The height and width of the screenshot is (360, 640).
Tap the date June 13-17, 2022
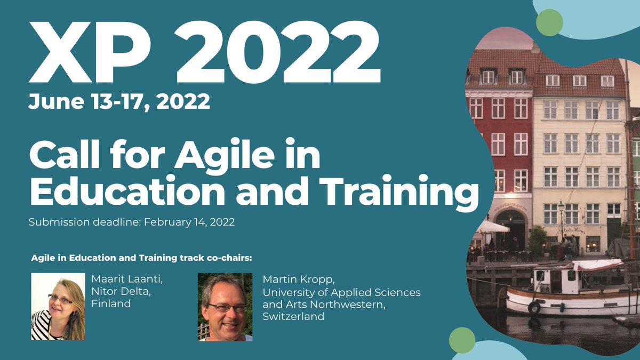pyautogui.click(x=119, y=101)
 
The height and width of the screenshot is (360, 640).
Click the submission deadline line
pyautogui.click(x=131, y=223)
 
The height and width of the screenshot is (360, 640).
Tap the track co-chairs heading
pyautogui.click(x=141, y=259)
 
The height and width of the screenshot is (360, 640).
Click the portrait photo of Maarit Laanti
pyautogui.click(x=58, y=307)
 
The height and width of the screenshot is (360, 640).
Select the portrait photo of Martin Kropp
pyautogui.click(x=225, y=307)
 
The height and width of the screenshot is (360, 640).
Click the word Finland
pyautogui.click(x=111, y=304)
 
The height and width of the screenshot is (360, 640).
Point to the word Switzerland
pyautogui.click(x=293, y=316)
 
